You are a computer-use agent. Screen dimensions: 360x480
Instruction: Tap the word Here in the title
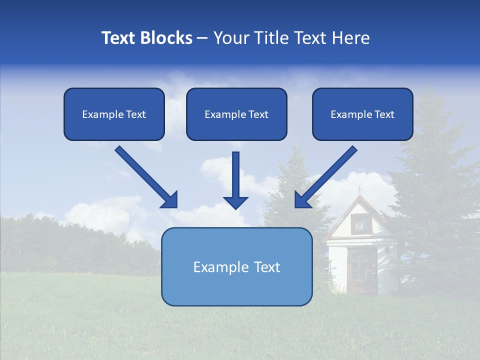(x=352, y=38)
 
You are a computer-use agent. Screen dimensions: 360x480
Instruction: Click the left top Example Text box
(x=114, y=114)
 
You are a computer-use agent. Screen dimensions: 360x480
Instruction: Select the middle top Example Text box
(x=236, y=114)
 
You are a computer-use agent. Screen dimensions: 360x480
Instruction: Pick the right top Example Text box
(x=362, y=114)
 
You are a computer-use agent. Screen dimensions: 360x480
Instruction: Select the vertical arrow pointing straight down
(x=235, y=175)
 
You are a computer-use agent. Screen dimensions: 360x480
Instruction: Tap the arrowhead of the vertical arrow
(x=235, y=202)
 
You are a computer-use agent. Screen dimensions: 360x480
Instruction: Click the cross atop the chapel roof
(x=359, y=190)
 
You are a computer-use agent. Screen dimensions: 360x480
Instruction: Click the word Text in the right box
(x=384, y=114)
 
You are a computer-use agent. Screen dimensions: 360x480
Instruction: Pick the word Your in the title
(x=232, y=38)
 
